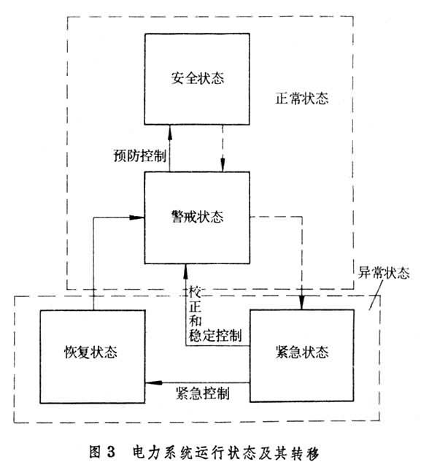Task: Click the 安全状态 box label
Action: pos(198,78)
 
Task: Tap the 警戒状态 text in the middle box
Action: pos(198,217)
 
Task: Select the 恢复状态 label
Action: pos(90,352)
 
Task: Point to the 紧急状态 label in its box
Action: pos(302,352)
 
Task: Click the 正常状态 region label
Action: pos(302,99)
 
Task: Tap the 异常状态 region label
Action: pos(384,273)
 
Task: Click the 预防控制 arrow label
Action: pos(139,156)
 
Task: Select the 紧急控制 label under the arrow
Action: pos(203,393)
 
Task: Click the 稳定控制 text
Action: pos(215,335)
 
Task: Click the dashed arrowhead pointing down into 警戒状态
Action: pos(223,164)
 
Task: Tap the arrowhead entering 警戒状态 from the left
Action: pos(136,217)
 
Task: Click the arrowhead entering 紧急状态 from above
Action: pos(301,302)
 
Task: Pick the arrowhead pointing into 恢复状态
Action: pos(153,382)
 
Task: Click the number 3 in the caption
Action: pos(111,452)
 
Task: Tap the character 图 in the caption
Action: pos(96,452)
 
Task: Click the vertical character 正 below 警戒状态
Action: pos(195,307)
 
